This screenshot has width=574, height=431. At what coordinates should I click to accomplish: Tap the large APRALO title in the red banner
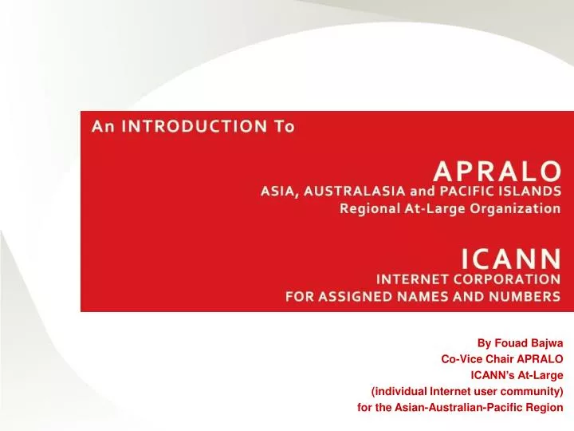[x=497, y=170]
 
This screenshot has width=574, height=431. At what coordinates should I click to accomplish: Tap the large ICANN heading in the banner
[x=511, y=258]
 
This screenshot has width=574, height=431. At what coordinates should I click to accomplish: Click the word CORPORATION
[x=502, y=279]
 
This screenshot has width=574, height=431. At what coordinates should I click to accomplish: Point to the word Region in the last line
[x=547, y=407]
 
